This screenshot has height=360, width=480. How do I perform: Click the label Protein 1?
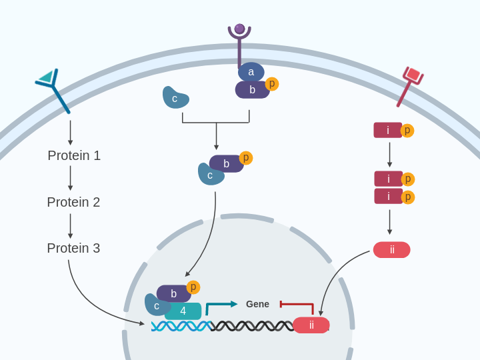coord(74,155)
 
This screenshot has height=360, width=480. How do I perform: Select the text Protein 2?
coord(73,202)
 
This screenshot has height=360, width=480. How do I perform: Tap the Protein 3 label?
coord(73,248)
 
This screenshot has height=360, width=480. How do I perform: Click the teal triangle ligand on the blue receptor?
coord(46,77)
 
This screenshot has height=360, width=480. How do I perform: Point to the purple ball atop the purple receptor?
coord(239,29)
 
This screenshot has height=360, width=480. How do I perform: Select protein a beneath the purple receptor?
coord(251,72)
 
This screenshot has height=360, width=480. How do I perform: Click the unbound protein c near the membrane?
coord(175,98)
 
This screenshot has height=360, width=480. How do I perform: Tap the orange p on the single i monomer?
coord(407,131)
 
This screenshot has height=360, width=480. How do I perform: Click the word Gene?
coord(257,304)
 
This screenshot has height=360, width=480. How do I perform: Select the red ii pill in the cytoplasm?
coord(391,250)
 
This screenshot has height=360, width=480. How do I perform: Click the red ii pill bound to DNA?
coord(311,325)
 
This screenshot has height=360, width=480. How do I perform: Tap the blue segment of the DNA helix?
coord(181,326)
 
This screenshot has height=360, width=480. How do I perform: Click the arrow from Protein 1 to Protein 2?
coord(71,178)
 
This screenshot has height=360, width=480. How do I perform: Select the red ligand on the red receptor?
coord(413,75)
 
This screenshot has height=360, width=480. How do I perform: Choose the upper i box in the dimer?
coord(388,179)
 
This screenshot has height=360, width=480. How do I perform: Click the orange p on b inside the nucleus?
coord(193,287)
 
